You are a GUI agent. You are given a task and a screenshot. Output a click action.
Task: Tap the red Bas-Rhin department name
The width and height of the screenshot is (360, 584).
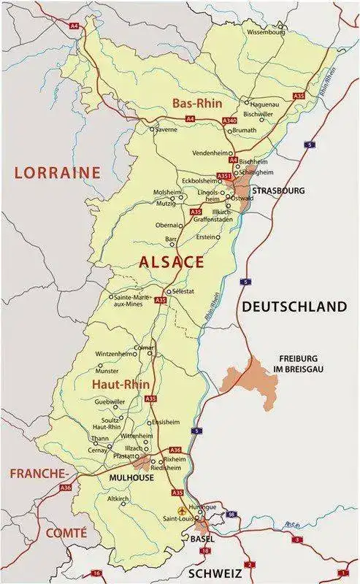[x=197, y=104]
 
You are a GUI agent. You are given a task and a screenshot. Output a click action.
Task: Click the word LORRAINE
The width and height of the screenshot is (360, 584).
[x=57, y=173]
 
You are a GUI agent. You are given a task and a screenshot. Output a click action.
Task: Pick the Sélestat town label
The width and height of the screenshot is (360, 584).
[x=182, y=291]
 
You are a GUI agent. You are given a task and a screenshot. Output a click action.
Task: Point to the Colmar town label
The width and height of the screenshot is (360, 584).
[x=145, y=347]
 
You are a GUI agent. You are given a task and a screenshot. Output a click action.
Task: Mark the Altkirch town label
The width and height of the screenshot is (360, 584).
[x=118, y=499]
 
